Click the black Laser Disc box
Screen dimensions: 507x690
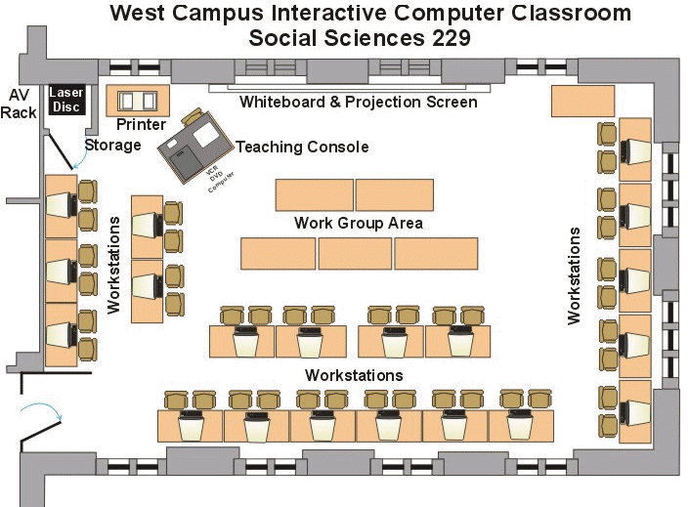(x=67, y=99)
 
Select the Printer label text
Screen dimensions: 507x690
(x=141, y=125)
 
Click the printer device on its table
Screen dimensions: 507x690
(x=138, y=100)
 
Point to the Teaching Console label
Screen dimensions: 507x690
(x=302, y=148)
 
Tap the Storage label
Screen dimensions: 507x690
(x=111, y=146)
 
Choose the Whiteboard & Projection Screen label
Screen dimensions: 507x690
(x=359, y=103)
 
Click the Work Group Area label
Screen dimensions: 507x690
(x=359, y=224)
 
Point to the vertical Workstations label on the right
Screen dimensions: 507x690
(x=575, y=275)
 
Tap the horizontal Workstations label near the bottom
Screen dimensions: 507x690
(x=354, y=375)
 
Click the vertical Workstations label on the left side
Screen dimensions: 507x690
(x=113, y=265)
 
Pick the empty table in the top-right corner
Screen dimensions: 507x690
(x=582, y=102)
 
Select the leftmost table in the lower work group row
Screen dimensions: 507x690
(x=278, y=253)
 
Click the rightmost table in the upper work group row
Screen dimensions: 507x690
(x=394, y=194)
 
